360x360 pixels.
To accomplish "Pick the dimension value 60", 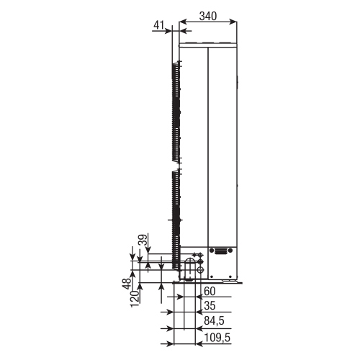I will [x=210, y=292].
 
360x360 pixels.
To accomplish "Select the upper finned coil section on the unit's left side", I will [x=175, y=112].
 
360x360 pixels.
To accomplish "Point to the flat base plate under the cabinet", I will [x=209, y=282].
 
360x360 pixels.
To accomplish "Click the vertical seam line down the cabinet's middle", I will [x=208, y=144].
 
